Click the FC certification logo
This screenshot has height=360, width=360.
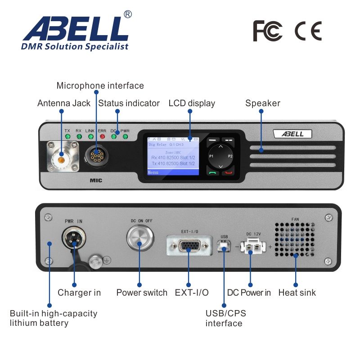267,31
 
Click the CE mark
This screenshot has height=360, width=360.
308,31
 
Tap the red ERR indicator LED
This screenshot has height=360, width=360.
102,136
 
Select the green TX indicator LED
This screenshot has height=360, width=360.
67,136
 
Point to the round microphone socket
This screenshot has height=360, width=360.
97,157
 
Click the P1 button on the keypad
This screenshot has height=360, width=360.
211,156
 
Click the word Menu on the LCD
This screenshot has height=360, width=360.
153,172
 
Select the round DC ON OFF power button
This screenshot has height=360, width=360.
139,238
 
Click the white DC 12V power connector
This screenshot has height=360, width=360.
250,247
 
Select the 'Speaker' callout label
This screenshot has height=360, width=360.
262,103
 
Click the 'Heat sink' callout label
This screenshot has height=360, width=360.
297,292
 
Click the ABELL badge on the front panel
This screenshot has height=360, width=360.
292,134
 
